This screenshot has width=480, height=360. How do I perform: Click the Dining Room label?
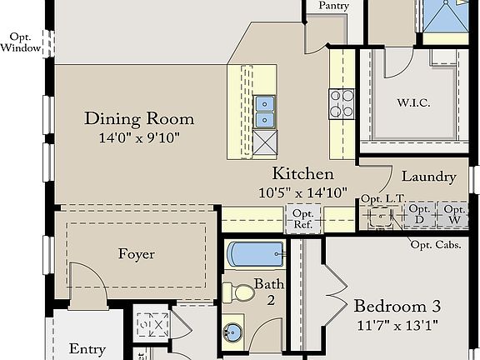(139, 119)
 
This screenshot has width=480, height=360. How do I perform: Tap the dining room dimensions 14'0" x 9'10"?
(139, 137)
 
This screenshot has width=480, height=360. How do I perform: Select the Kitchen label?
(303, 173)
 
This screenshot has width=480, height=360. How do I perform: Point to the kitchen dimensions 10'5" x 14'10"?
(303, 192)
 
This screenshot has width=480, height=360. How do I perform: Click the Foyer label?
(137, 254)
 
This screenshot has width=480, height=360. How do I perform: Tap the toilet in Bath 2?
(238, 292)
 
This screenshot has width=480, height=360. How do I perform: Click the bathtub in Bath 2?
(256, 254)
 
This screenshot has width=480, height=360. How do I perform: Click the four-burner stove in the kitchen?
(342, 104)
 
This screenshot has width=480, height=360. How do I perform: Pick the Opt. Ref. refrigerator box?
(303, 218)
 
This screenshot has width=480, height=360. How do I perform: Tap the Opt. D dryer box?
(419, 215)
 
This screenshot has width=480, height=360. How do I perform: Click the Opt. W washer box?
(453, 215)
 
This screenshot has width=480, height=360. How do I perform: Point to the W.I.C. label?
(414, 102)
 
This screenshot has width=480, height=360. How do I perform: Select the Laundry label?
(428, 177)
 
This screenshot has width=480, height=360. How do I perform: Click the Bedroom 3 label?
(397, 306)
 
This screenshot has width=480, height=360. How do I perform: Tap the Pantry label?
(333, 6)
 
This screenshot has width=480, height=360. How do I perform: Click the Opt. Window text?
(21, 42)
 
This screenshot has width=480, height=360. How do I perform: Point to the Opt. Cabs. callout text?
(436, 245)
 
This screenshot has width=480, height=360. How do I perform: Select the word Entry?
(87, 349)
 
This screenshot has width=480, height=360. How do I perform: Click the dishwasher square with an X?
(265, 142)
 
